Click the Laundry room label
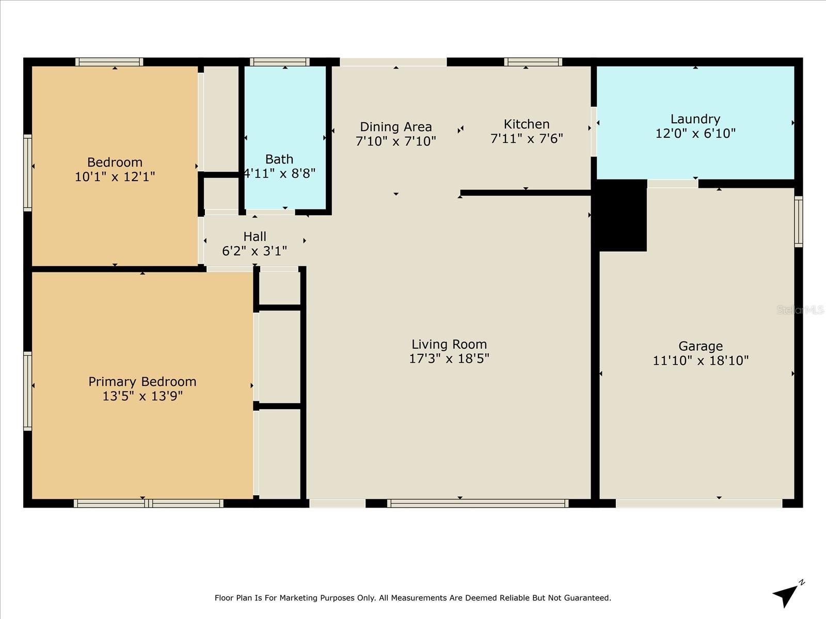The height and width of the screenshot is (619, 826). [695, 119]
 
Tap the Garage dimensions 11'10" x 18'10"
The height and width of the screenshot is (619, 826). [701, 361]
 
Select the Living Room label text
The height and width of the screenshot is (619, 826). [449, 344]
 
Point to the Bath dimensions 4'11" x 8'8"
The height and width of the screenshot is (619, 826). [279, 173]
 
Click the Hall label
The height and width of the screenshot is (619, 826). [255, 237]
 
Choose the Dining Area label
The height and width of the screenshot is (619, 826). [395, 127]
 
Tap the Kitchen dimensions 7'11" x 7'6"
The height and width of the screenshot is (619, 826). [526, 138]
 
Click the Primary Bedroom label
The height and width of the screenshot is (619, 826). [142, 382]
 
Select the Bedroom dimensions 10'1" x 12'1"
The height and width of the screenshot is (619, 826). [115, 177]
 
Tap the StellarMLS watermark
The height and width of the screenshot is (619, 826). [800, 309]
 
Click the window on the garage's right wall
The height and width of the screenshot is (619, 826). [798, 221]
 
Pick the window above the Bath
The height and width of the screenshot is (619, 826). [279, 62]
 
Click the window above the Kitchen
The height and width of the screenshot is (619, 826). [533, 62]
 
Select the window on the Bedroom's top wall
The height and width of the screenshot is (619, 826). [109, 62]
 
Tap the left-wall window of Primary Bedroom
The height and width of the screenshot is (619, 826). [28, 390]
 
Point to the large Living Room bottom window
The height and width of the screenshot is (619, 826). [478, 503]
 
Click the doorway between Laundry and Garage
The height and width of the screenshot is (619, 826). [672, 183]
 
